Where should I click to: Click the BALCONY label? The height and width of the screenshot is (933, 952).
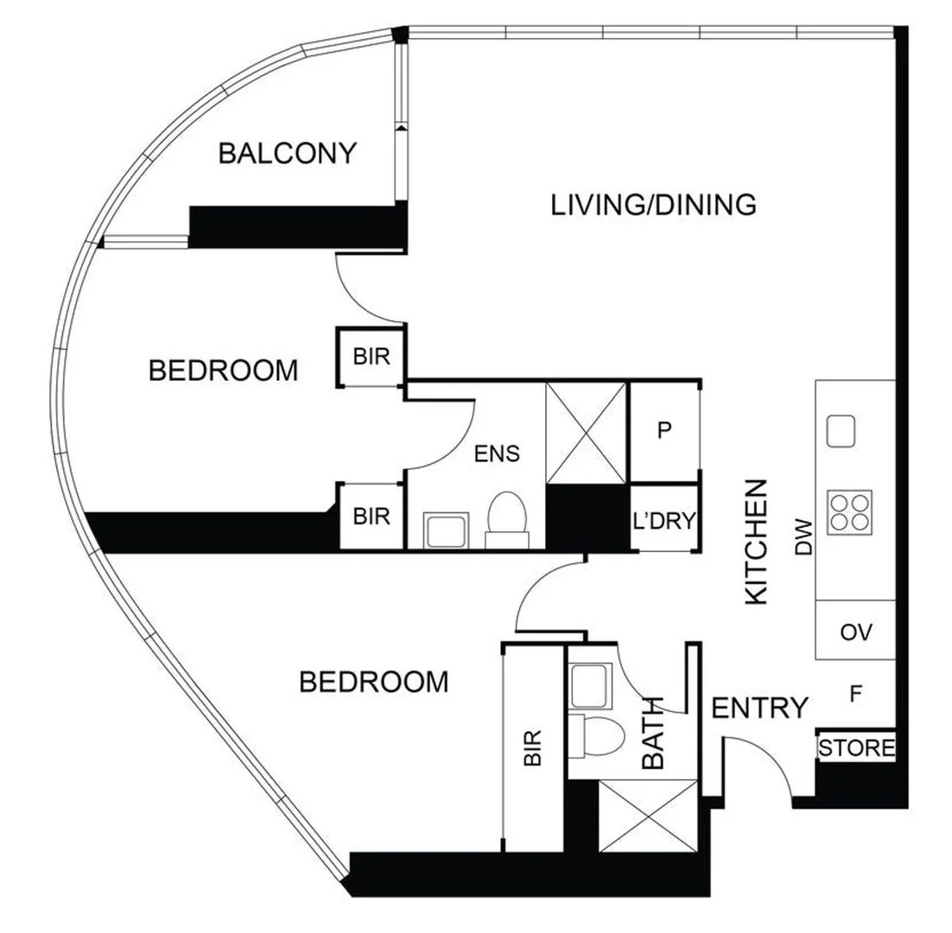point(287,154)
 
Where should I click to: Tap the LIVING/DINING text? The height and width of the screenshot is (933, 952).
point(653,206)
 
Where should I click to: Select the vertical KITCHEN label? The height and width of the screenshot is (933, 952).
point(756,542)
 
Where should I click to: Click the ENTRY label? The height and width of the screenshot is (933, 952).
point(759,708)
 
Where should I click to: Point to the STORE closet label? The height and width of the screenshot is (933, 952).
point(856,747)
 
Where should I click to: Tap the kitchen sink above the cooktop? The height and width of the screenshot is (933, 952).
point(841,430)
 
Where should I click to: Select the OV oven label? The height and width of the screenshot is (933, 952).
point(855,632)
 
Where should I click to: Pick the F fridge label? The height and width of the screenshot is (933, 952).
point(855,693)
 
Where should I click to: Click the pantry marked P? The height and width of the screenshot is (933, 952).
point(663,431)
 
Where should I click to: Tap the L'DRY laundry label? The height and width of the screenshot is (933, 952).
point(663,519)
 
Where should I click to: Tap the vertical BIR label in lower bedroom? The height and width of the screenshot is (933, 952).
point(532,747)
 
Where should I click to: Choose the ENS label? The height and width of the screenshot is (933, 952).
point(498,453)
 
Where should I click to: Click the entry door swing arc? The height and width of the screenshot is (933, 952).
point(765,765)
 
